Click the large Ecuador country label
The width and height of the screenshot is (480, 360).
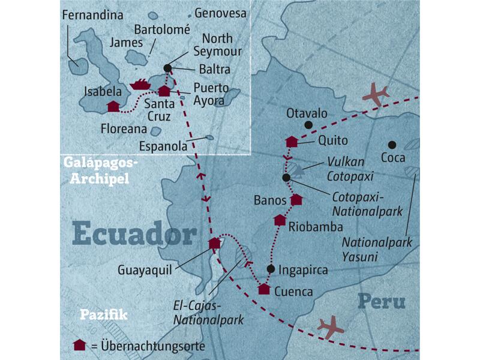coord(135,235)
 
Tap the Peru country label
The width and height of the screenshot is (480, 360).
coord(381,301)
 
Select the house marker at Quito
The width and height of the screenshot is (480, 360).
coord(292,142)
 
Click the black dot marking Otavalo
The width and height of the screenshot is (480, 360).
coord(308,125)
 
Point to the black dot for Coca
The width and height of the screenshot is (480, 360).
coord(391,145)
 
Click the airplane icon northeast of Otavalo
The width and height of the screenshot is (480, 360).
coord(376,95)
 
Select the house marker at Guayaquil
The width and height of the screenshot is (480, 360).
coord(215,243)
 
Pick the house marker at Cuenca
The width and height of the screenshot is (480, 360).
coord(264,289)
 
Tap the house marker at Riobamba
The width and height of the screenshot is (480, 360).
coord(280,220)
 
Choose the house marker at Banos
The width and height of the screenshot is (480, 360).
coord(296,200)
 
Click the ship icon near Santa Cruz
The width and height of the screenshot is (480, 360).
coord(141,85)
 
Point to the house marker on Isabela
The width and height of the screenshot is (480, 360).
coord(113,106)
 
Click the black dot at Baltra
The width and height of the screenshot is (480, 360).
coord(167,68)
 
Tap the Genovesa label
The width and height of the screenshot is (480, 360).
coord(220,13)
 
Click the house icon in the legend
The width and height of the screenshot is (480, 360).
coord(78,345)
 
